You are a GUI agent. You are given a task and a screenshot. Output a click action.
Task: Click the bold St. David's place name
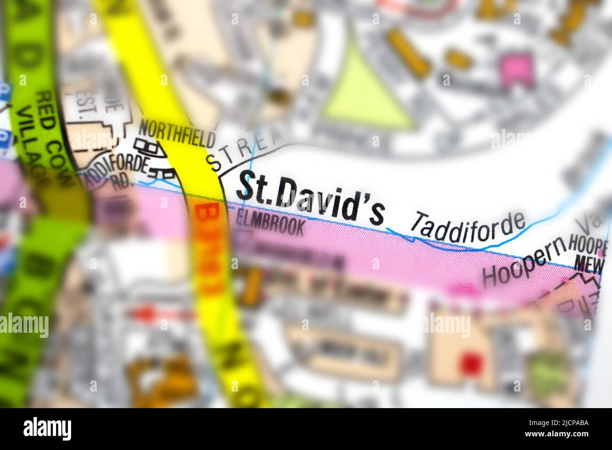[x=310, y=198]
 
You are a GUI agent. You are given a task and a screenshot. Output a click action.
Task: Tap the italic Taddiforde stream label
[x=467, y=227]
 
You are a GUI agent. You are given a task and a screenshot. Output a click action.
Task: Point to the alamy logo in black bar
[x=48, y=429]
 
